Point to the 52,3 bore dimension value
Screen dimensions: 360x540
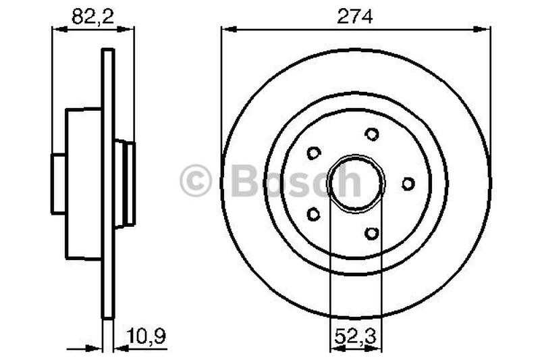tap(355, 334)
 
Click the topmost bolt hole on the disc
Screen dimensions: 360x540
tap(371, 134)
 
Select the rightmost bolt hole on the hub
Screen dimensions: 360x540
tap(408, 183)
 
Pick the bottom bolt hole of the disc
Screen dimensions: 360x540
tap(371, 233)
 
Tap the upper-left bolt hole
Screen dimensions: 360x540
tap(313, 153)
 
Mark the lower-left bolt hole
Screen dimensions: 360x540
tap(313, 214)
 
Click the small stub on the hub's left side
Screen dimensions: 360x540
tap(59, 183)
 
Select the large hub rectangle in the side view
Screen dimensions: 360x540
tap(83, 183)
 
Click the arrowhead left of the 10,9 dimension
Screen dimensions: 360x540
tap(96, 349)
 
